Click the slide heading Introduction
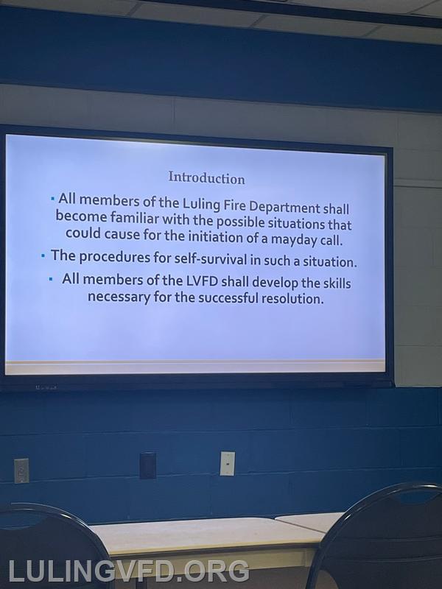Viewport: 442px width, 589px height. click(x=206, y=177)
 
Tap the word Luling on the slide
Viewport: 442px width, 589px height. click(x=200, y=204)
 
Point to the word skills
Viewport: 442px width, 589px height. click(x=337, y=283)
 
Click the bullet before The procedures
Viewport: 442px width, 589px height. click(x=43, y=256)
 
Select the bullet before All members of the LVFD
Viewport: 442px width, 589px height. click(x=51, y=279)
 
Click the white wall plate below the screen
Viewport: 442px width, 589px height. click(x=228, y=463)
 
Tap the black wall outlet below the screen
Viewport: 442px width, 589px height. click(x=148, y=465)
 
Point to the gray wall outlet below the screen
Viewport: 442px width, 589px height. click(x=21, y=470)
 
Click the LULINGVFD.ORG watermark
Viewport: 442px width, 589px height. click(x=128, y=571)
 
